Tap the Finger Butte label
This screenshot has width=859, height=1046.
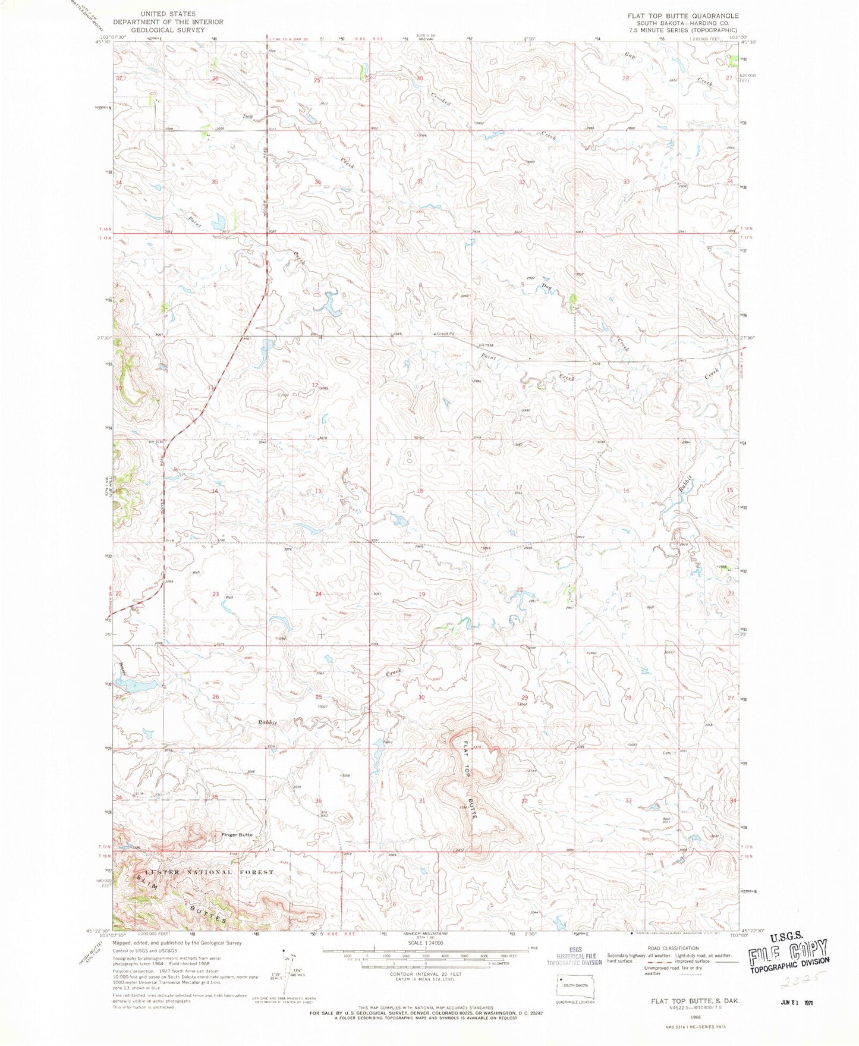click(x=237, y=834)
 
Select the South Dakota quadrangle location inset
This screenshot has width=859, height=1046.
click(x=574, y=986)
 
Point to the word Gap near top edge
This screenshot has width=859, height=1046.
click(x=630, y=56)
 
